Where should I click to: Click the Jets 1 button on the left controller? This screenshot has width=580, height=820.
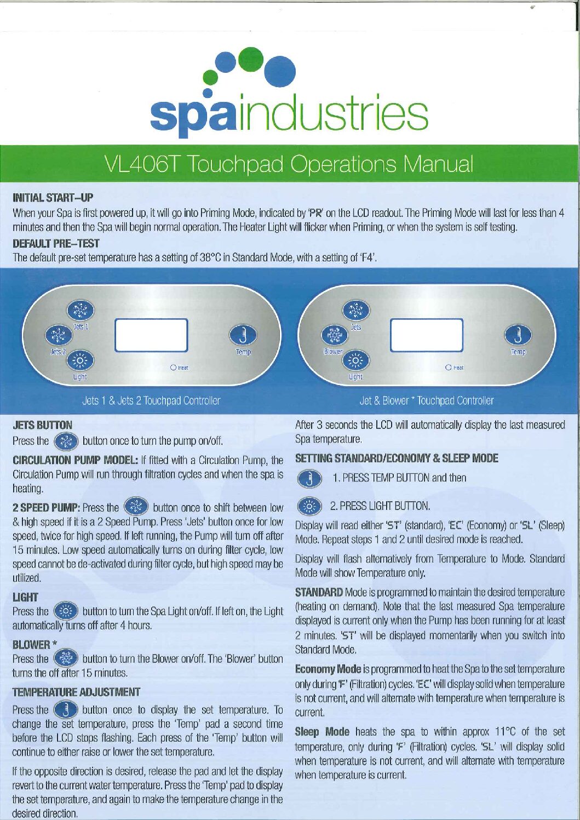click(81, 311)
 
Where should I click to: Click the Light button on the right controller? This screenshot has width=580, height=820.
click(355, 360)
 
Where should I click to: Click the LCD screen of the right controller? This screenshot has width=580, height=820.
click(427, 335)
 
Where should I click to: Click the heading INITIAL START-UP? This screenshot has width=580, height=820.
click(53, 198)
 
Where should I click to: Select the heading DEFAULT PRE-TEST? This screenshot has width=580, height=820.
click(56, 243)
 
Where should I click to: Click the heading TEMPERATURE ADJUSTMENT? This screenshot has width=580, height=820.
click(77, 692)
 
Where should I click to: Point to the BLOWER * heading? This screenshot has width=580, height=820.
click(35, 644)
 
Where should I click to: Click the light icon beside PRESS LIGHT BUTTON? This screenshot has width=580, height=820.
click(309, 507)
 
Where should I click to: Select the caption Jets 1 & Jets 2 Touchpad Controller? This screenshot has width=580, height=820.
click(151, 400)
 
